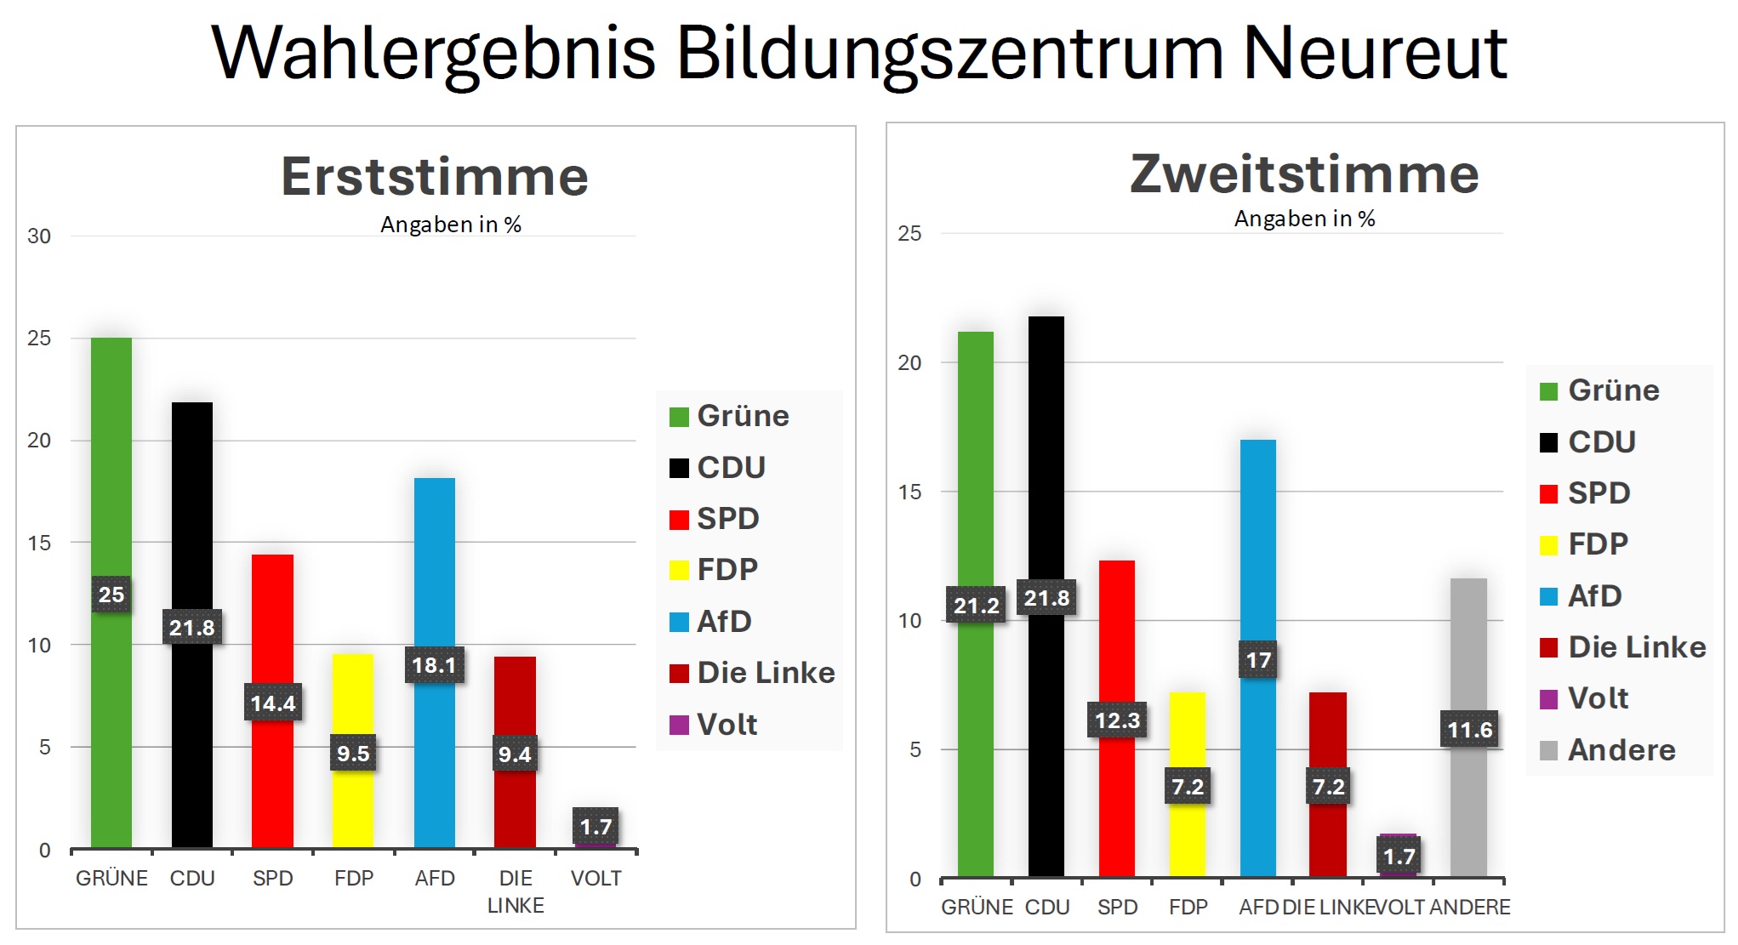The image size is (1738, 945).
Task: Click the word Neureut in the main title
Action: point(1374,53)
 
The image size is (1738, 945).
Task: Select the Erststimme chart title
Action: point(435,177)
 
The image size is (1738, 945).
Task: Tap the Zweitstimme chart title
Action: point(1304,174)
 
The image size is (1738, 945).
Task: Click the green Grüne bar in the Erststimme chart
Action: point(111,468)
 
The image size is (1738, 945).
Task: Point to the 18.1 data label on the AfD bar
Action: point(434,665)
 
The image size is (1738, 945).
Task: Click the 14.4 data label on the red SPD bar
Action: point(272,703)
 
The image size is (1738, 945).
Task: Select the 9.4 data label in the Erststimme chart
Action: point(515,754)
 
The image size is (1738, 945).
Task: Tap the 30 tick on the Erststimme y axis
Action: point(39,236)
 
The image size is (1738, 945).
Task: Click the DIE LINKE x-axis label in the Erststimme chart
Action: point(516,891)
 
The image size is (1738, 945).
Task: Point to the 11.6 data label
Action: point(1469,730)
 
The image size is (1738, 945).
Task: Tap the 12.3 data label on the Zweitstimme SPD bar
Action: point(1116,720)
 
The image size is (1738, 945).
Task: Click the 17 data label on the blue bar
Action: point(1258,660)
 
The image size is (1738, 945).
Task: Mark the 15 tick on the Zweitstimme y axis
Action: point(909,492)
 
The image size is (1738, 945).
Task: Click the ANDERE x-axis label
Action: point(1470,908)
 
